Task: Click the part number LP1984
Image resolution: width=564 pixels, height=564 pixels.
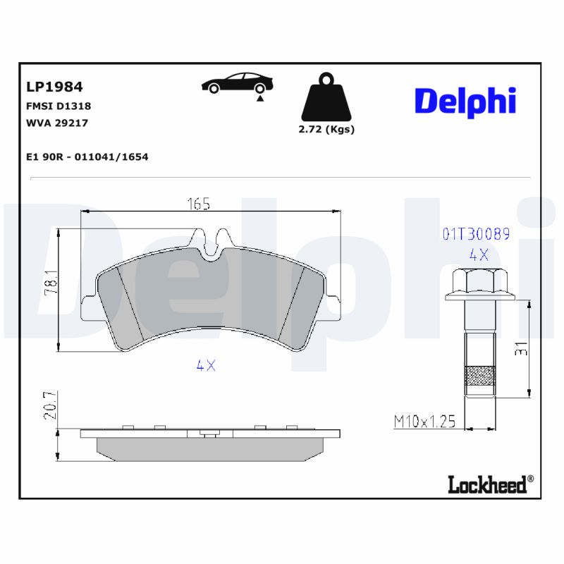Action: click(x=54, y=87)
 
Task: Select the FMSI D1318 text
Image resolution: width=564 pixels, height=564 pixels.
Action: click(x=58, y=106)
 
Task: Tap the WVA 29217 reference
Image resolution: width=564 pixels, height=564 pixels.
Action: click(x=56, y=123)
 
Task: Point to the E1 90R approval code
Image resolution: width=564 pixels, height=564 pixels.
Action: click(x=86, y=157)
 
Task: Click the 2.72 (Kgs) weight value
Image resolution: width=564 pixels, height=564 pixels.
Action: click(x=326, y=129)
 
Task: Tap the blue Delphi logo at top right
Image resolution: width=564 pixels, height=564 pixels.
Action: click(x=465, y=102)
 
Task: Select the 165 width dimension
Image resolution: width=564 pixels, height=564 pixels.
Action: click(x=198, y=204)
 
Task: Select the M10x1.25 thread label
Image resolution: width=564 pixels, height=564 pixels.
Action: click(x=424, y=422)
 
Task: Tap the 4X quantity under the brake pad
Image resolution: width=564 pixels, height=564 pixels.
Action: click(x=205, y=366)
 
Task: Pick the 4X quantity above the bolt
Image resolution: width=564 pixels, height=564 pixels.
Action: click(x=478, y=255)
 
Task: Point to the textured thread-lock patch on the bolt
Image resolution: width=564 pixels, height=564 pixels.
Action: click(x=479, y=378)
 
